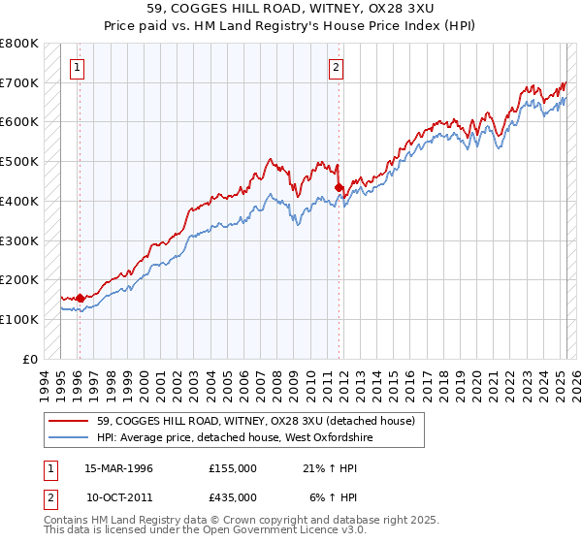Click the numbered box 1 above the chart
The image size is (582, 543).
pyautogui.click(x=77, y=68)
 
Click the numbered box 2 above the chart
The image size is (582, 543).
pyautogui.click(x=336, y=68)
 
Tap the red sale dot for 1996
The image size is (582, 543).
pyautogui.click(x=80, y=298)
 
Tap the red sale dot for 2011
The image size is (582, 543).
pyautogui.click(x=339, y=187)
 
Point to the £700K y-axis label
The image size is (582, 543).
pyautogui.click(x=19, y=82)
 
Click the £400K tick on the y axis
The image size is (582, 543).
pyautogui.click(x=19, y=201)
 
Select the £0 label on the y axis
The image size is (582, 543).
pyautogui.click(x=31, y=359)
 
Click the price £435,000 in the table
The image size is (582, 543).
pyautogui.click(x=233, y=496)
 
